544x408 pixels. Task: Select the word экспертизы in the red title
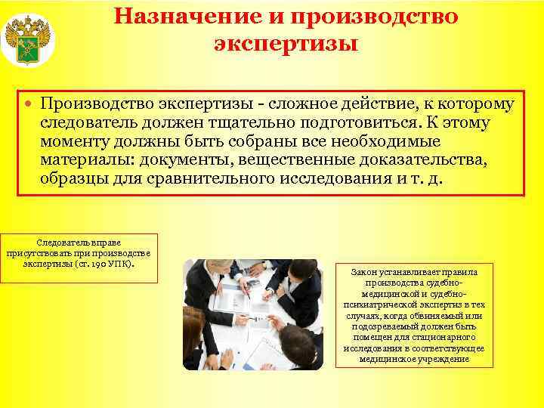click(286, 43)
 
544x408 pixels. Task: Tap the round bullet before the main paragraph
click(28, 104)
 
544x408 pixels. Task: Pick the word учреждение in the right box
click(447, 360)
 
